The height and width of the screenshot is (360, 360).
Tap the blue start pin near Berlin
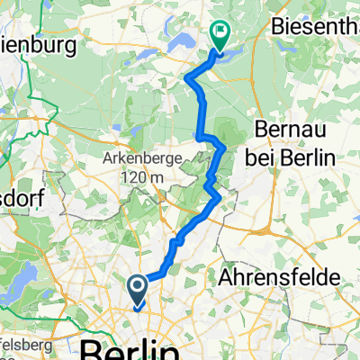pos(138,289)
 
